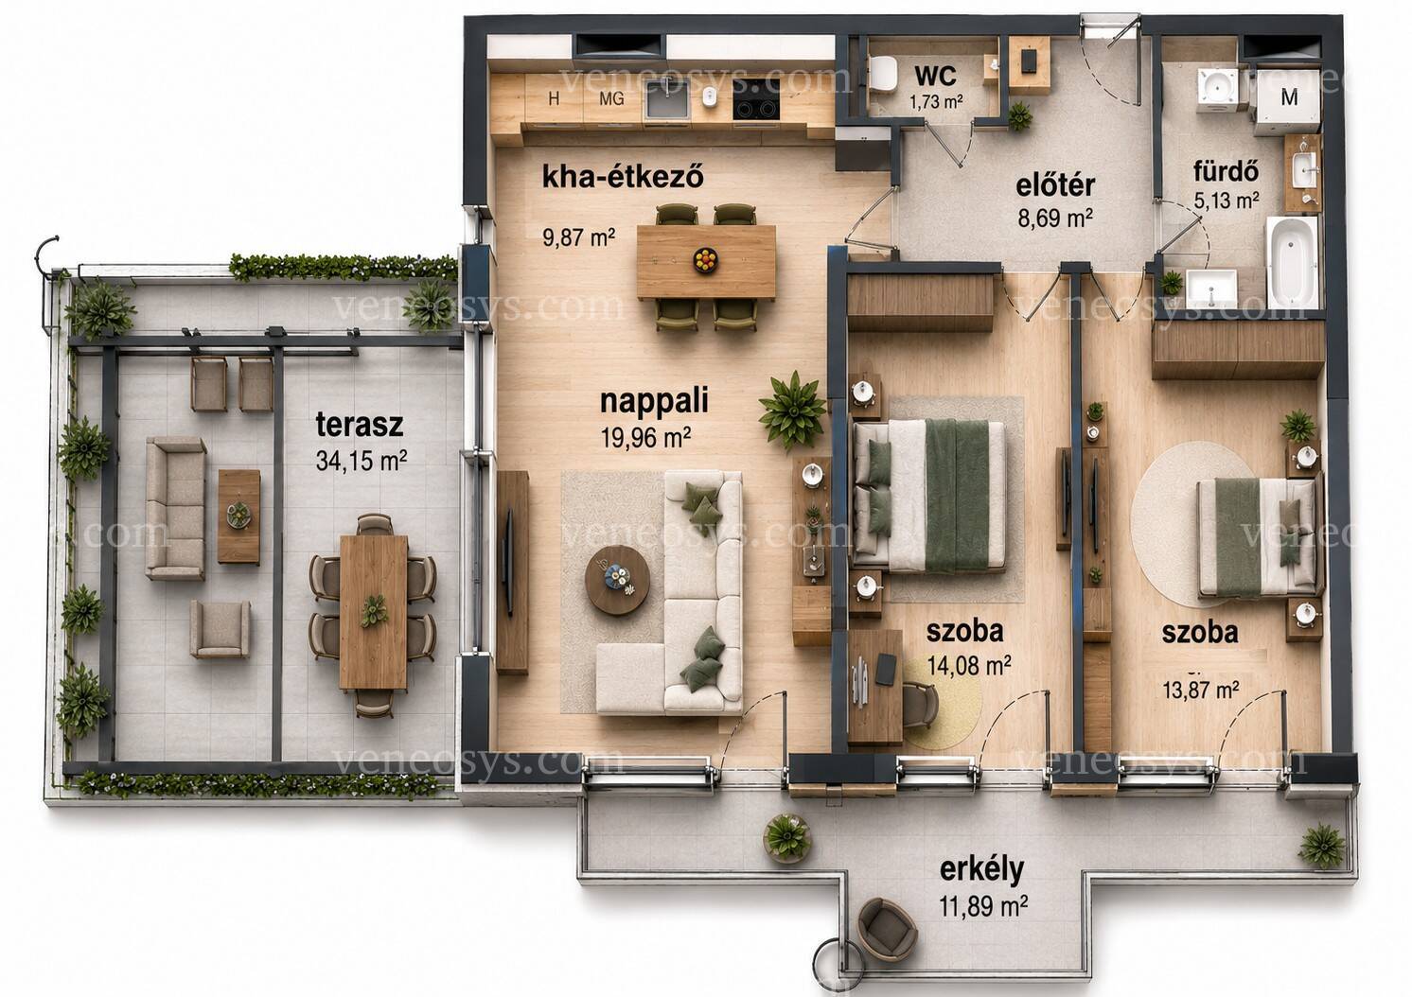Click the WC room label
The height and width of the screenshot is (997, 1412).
pyautogui.click(x=935, y=76)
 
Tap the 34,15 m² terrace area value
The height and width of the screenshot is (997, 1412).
pyautogui.click(x=362, y=461)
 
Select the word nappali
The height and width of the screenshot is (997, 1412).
pyautogui.click(x=654, y=402)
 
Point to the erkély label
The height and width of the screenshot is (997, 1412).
pyautogui.click(x=981, y=869)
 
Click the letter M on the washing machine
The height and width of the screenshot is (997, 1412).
pyautogui.click(x=1290, y=97)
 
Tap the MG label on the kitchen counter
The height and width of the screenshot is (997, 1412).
pyautogui.click(x=611, y=99)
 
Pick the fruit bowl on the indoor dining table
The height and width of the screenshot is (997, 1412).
pyautogui.click(x=705, y=259)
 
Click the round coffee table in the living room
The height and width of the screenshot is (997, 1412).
pyautogui.click(x=617, y=580)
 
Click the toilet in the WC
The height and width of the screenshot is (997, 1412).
pyautogui.click(x=883, y=73)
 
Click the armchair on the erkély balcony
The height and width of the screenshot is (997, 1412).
pyautogui.click(x=886, y=929)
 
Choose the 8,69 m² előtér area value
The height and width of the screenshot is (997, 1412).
pyautogui.click(x=1055, y=219)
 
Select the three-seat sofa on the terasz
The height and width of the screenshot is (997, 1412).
pyautogui.click(x=176, y=508)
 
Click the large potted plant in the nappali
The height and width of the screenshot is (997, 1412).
pyautogui.click(x=793, y=410)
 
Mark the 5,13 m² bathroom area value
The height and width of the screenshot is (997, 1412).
pyautogui.click(x=1227, y=201)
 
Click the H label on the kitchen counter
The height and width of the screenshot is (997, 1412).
pyautogui.click(x=554, y=99)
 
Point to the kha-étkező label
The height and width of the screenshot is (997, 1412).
pyautogui.click(x=623, y=178)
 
